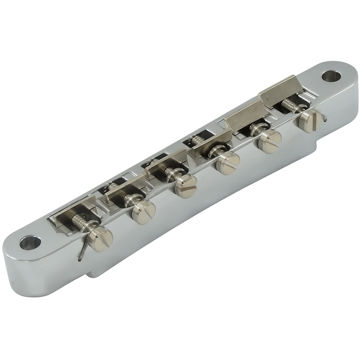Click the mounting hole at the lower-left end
[29, 243]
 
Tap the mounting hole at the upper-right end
[331, 76]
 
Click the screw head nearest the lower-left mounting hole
[100, 238]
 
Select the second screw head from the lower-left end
[143, 211]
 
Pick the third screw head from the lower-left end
[185, 186]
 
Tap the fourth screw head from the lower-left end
[227, 162]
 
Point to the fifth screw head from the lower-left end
[270, 141]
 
